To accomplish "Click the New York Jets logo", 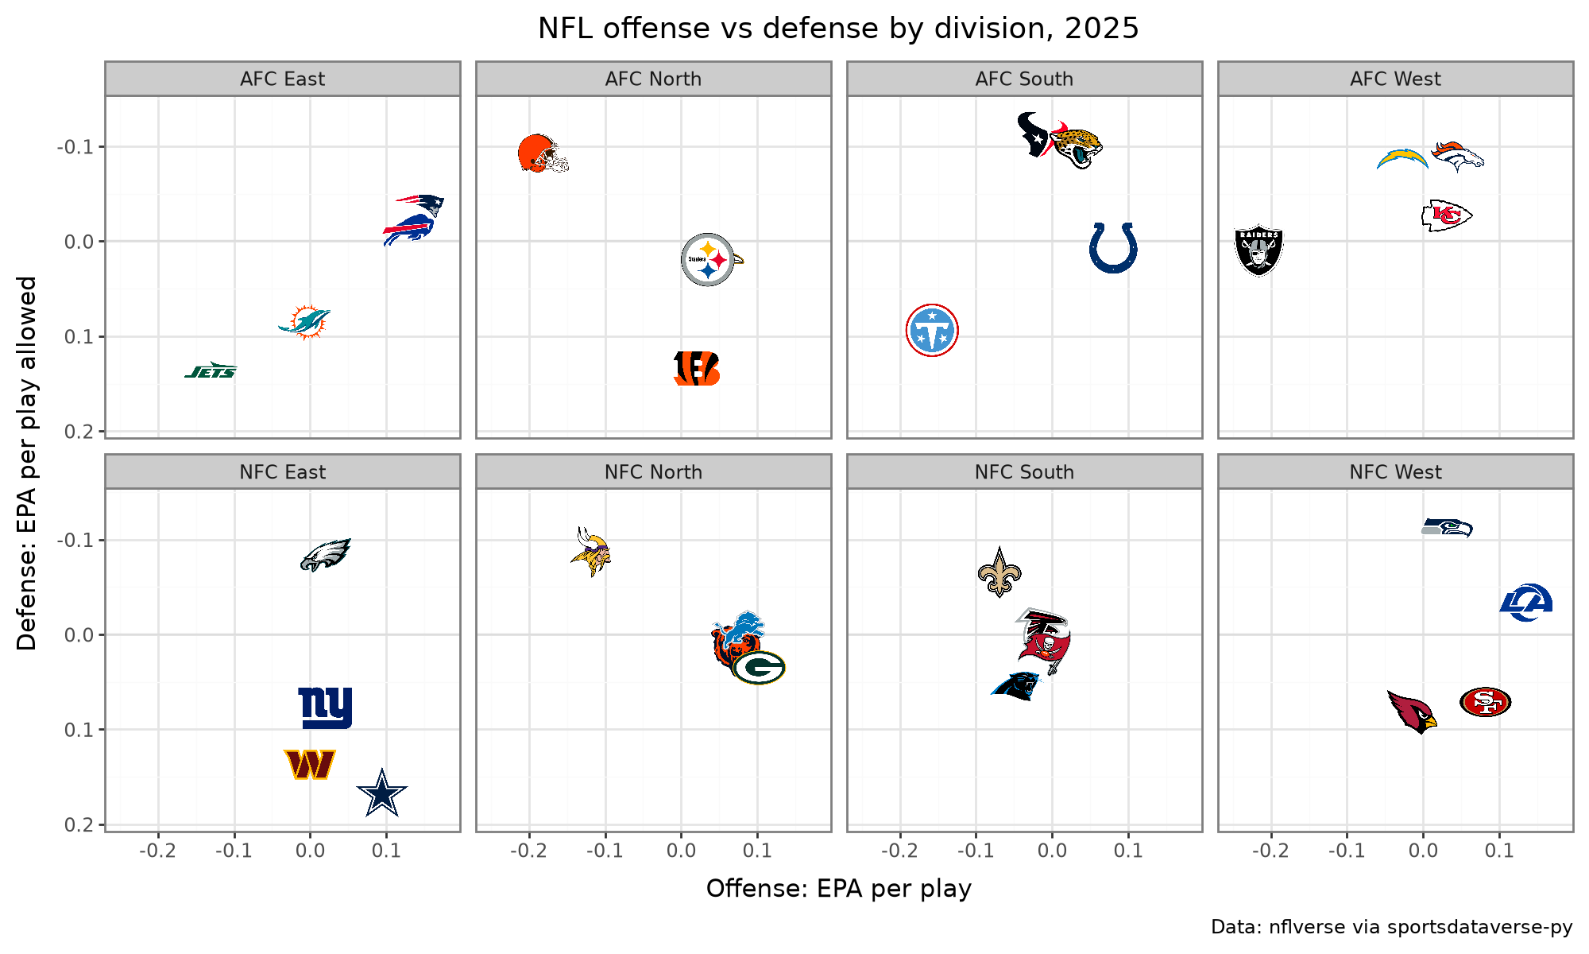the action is [x=211, y=370].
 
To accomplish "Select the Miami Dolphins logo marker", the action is [x=305, y=322].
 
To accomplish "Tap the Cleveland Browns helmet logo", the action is [x=543, y=153].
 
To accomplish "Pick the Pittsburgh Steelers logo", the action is [x=709, y=259].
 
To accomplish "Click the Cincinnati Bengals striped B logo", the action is [x=697, y=368].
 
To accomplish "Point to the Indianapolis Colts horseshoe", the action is [x=1113, y=248].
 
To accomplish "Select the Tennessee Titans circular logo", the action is [x=932, y=330].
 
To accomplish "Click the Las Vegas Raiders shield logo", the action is [x=1258, y=250].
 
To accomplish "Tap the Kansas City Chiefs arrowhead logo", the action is [x=1447, y=215].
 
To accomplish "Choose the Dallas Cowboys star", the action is [x=382, y=793].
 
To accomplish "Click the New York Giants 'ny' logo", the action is [x=325, y=708].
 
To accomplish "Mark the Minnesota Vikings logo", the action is [x=591, y=551].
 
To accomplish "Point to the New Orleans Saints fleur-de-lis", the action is [x=999, y=572].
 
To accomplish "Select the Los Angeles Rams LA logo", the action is [x=1526, y=602].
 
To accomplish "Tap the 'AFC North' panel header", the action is [x=653, y=79].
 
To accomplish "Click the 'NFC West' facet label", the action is [x=1395, y=472].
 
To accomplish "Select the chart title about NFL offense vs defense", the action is [x=838, y=29].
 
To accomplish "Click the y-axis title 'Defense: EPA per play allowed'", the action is [x=27, y=463].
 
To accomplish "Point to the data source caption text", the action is [x=1392, y=927].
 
